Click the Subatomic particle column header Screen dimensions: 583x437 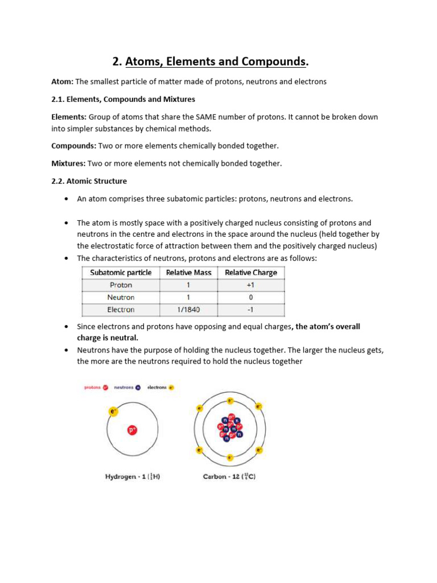pos(121,273)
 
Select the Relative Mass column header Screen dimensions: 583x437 pos(188,273)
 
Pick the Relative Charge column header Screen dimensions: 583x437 pos(251,273)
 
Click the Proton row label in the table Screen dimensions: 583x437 pos(121,285)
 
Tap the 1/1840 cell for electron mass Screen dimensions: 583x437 pos(188,310)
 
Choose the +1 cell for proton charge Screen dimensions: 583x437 pos(251,285)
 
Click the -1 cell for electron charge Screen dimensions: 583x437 pos(251,310)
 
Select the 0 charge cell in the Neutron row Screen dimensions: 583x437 pos(251,297)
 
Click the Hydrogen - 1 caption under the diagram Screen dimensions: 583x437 pos(133,477)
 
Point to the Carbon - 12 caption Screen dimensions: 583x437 pos(229,477)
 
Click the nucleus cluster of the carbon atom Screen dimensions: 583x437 pos(229,429)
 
